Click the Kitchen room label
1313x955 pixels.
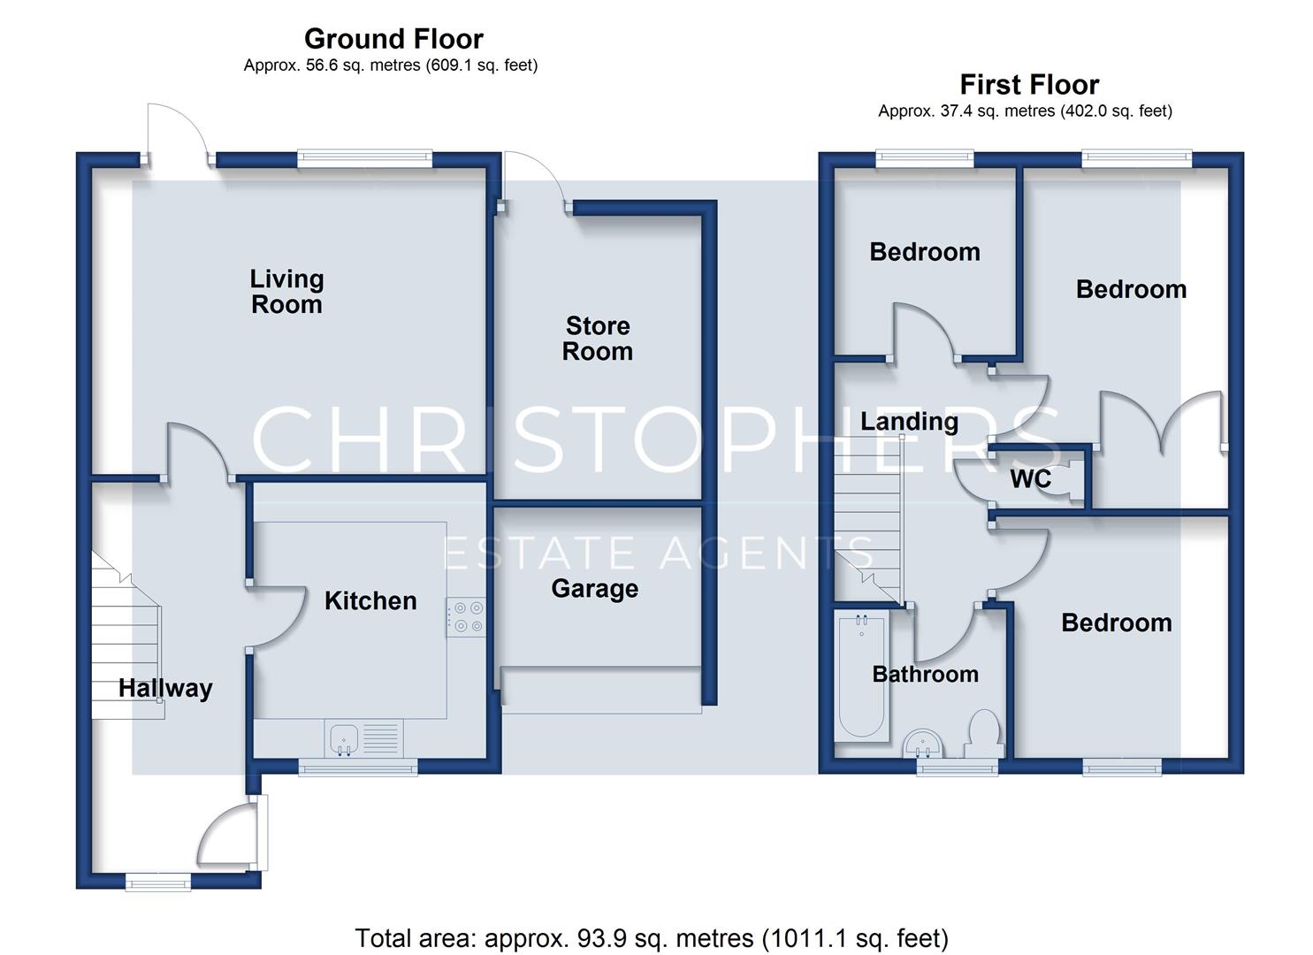click(370, 601)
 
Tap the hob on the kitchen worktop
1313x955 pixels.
click(466, 616)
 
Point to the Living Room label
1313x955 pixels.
click(286, 292)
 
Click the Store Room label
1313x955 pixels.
click(598, 339)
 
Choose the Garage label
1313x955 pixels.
click(594, 589)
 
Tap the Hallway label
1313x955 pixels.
click(165, 688)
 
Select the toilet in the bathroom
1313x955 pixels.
click(983, 733)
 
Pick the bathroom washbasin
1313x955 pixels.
click(922, 744)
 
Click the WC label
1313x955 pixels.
click(1030, 479)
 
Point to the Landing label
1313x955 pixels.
click(909, 422)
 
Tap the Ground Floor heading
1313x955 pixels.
click(393, 39)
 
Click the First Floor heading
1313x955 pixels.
click(1029, 85)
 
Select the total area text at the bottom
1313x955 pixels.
click(652, 938)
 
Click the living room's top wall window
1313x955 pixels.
click(364, 159)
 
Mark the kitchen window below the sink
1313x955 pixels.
click(358, 767)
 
